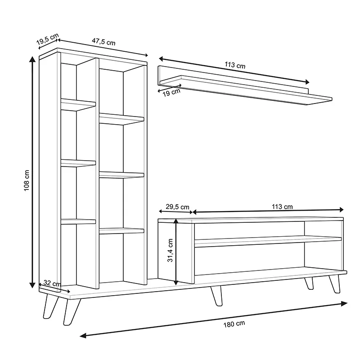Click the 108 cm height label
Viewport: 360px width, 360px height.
(27, 180)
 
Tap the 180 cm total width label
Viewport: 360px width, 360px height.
(234, 324)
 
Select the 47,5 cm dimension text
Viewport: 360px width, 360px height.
(103, 41)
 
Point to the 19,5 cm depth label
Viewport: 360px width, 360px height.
(48, 39)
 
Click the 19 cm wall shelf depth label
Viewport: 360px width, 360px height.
(171, 93)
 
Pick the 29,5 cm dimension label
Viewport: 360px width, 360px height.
(177, 207)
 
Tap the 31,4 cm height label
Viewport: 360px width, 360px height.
(170, 250)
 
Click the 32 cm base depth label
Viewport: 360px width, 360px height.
(52, 283)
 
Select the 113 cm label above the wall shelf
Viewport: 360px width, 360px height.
(235, 65)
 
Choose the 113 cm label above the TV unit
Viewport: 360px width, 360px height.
(282, 207)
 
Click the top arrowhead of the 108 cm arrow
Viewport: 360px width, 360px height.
(32, 59)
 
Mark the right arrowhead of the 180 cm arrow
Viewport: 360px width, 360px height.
(344, 303)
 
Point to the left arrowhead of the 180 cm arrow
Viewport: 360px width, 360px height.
(83, 336)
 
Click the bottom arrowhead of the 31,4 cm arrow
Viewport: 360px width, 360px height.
(176, 283)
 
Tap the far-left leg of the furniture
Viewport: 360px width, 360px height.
(50, 306)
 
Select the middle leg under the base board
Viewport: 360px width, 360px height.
(217, 296)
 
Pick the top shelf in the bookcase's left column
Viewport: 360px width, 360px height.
(78, 104)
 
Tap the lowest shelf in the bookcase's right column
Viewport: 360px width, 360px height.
(121, 231)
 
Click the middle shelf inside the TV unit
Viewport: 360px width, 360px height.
(268, 242)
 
